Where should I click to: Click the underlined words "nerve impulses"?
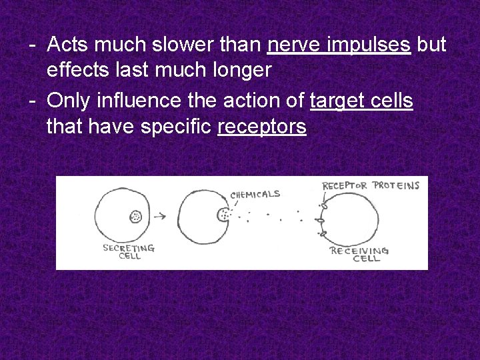click(339, 45)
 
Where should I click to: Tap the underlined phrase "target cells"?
click(361, 101)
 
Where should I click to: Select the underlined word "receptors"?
click(262, 126)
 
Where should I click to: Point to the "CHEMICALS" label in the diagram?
click(255, 195)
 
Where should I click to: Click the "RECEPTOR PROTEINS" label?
click(371, 185)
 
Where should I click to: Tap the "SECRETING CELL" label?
click(129, 251)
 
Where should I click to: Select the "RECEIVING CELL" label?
click(360, 254)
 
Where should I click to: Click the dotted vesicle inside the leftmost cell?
click(136, 216)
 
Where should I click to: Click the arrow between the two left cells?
click(160, 216)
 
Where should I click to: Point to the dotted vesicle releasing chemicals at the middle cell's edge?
click(223, 215)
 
